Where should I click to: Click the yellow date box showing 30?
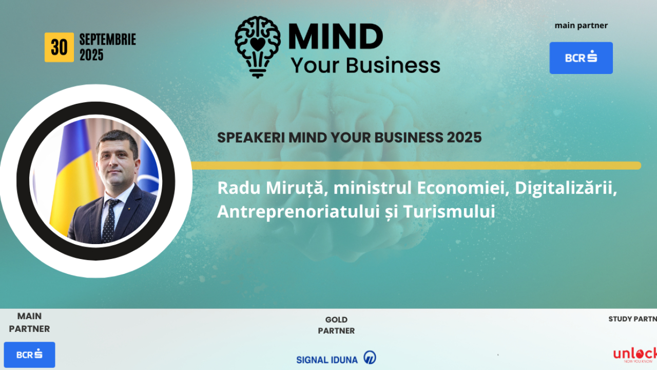pyautogui.click(x=59, y=47)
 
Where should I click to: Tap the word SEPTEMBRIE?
pyautogui.click(x=107, y=40)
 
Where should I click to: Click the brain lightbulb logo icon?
pyautogui.click(x=258, y=46)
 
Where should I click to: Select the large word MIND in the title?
pyautogui.click(x=336, y=38)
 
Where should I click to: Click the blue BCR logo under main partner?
pyautogui.click(x=581, y=58)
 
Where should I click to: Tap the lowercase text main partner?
pyautogui.click(x=581, y=26)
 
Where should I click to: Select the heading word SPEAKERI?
pyautogui.click(x=250, y=138)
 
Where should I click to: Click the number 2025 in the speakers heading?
pyautogui.click(x=464, y=138)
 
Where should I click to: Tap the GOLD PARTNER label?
pyautogui.click(x=336, y=325)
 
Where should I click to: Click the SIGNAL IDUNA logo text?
pyautogui.click(x=327, y=360)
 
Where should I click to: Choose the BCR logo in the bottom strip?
pyautogui.click(x=29, y=355)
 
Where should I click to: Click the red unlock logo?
pyautogui.click(x=635, y=355)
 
